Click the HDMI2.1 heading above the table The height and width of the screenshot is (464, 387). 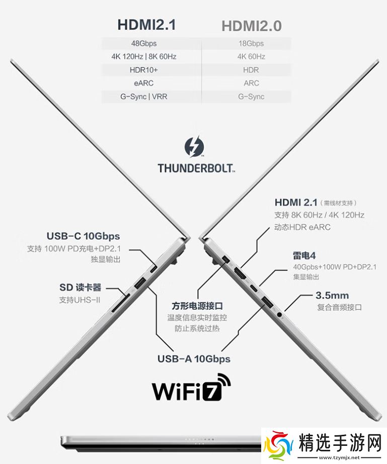pyautogui.click(x=146, y=25)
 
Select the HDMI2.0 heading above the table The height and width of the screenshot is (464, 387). pyautogui.click(x=251, y=26)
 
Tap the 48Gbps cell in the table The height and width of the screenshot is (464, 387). pyautogui.click(x=144, y=43)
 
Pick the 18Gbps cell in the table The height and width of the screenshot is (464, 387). pyautogui.click(x=251, y=43)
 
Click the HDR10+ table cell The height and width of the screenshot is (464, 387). pyautogui.click(x=144, y=70)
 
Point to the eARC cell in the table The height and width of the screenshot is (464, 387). pyautogui.click(x=144, y=83)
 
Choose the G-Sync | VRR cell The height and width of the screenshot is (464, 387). pyautogui.click(x=144, y=96)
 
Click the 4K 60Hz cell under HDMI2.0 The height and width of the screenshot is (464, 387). pyautogui.click(x=251, y=56)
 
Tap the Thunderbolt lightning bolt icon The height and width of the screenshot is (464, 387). pyautogui.click(x=194, y=147)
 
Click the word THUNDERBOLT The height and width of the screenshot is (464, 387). pyautogui.click(x=196, y=168)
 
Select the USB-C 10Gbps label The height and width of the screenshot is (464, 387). pyautogui.click(x=83, y=236)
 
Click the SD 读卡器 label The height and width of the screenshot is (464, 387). pyautogui.click(x=80, y=287)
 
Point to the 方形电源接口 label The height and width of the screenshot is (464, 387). pyautogui.click(x=197, y=306)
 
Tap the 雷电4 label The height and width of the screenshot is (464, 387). pyautogui.click(x=304, y=255)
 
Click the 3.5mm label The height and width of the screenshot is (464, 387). pyautogui.click(x=332, y=295)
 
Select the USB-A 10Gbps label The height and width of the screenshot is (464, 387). pyautogui.click(x=194, y=359)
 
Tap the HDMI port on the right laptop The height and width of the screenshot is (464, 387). pyautogui.click(x=240, y=274)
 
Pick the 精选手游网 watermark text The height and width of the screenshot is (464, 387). pyautogui.click(x=340, y=443)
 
